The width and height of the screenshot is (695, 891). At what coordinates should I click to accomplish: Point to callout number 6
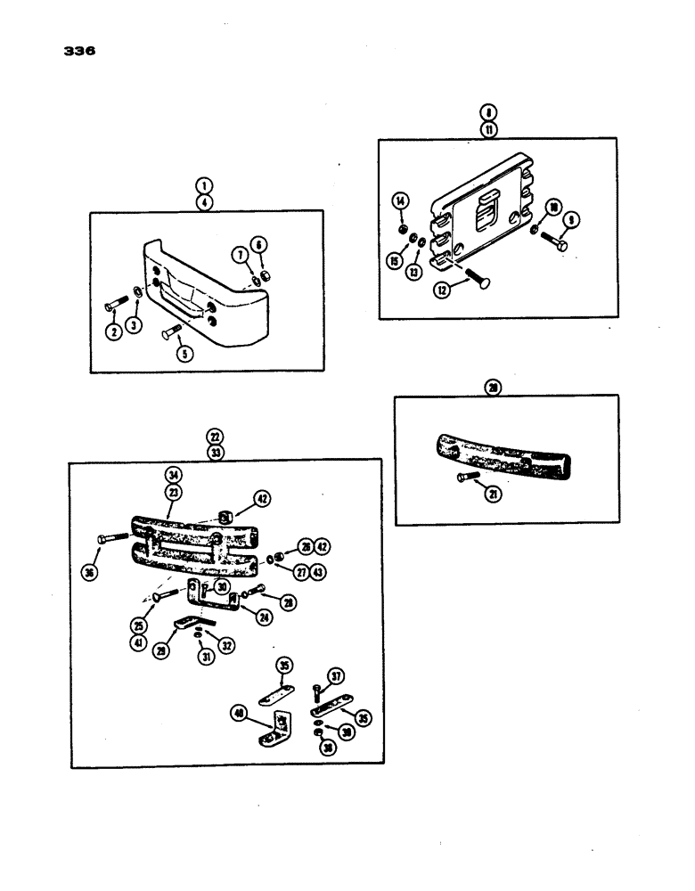(x=259, y=244)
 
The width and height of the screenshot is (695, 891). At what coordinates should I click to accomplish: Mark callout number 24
(x=265, y=617)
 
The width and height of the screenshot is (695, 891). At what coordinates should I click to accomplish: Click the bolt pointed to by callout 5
(x=170, y=335)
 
